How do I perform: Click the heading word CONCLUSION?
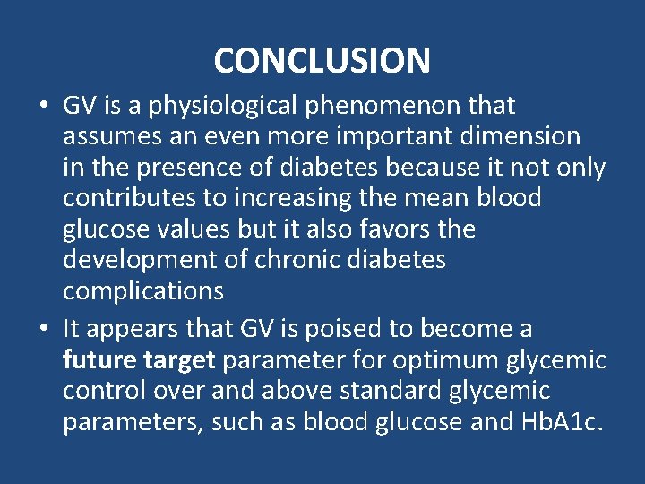(322, 60)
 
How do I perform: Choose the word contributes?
(123, 198)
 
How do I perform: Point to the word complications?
(143, 291)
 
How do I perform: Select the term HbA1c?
(563, 422)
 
